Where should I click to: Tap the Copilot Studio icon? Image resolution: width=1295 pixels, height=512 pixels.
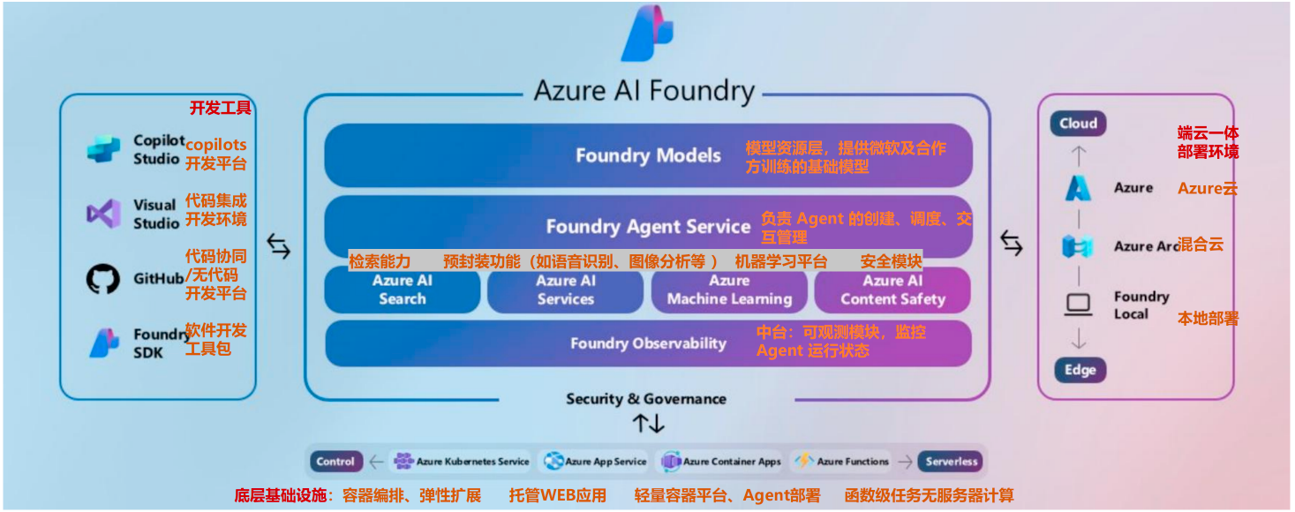point(103,149)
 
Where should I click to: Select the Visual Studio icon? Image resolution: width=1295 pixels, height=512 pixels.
point(103,214)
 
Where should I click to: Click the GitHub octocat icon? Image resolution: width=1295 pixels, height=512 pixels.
point(103,279)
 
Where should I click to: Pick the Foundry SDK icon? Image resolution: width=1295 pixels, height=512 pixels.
point(104,343)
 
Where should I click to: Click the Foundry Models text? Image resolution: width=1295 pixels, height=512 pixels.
point(648,156)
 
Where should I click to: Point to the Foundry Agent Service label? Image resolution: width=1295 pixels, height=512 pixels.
point(648,227)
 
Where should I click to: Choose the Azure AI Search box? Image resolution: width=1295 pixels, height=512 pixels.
point(403,290)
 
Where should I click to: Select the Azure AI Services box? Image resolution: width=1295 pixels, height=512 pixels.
point(565,290)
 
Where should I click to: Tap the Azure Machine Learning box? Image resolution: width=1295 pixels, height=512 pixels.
point(729,290)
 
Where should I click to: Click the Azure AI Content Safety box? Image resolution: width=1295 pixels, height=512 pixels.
point(892,290)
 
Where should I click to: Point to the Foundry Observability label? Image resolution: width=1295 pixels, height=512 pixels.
point(648,343)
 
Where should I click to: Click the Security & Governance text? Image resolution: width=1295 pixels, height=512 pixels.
point(646,399)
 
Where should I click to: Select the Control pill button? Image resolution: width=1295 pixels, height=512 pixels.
point(335,462)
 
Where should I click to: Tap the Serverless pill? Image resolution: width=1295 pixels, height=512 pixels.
point(951,462)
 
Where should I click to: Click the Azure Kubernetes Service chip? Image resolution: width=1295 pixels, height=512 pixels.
point(462,462)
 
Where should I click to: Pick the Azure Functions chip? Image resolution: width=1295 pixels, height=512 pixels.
point(843,462)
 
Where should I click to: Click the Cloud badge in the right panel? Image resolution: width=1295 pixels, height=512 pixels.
point(1078,124)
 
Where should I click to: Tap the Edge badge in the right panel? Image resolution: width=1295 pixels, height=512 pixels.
point(1079,370)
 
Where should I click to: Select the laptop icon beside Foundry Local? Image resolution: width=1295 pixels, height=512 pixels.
point(1078,305)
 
